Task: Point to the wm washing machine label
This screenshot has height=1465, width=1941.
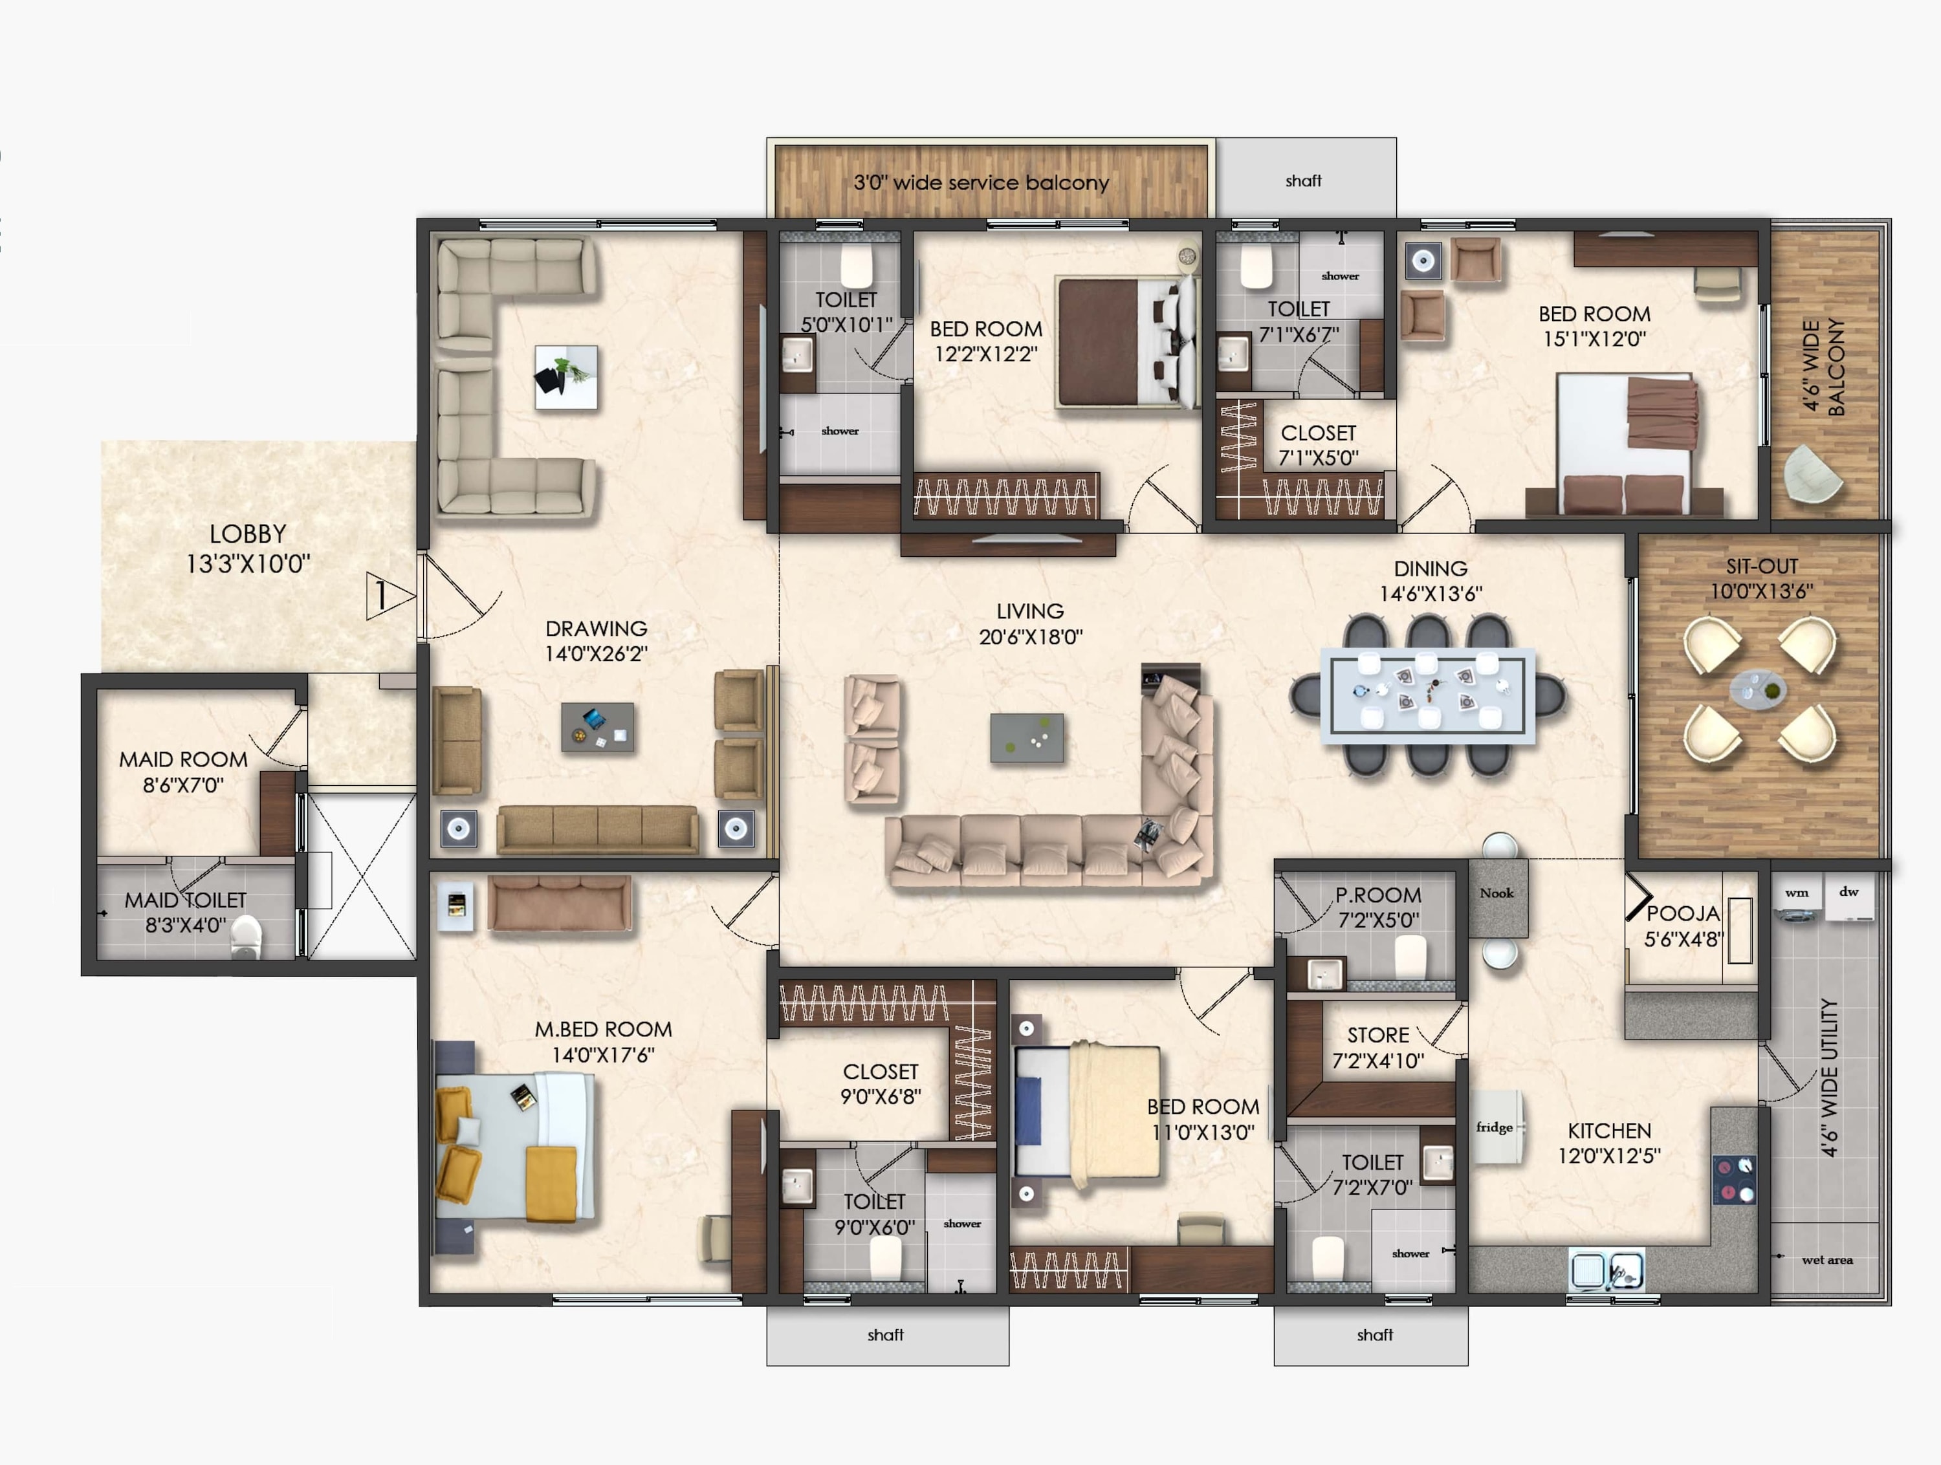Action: click(1796, 893)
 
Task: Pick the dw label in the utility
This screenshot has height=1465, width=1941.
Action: click(1849, 891)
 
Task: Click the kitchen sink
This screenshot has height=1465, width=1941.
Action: click(1606, 1270)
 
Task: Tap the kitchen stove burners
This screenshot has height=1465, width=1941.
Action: click(1735, 1179)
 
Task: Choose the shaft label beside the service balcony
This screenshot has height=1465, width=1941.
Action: click(1303, 180)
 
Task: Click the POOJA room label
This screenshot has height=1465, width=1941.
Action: click(1683, 913)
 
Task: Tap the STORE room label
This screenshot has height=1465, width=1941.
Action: click(1377, 1035)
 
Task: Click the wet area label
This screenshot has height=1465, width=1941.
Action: click(1827, 1260)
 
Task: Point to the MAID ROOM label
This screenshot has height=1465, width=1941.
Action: click(183, 760)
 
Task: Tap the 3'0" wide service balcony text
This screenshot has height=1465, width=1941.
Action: click(981, 182)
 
